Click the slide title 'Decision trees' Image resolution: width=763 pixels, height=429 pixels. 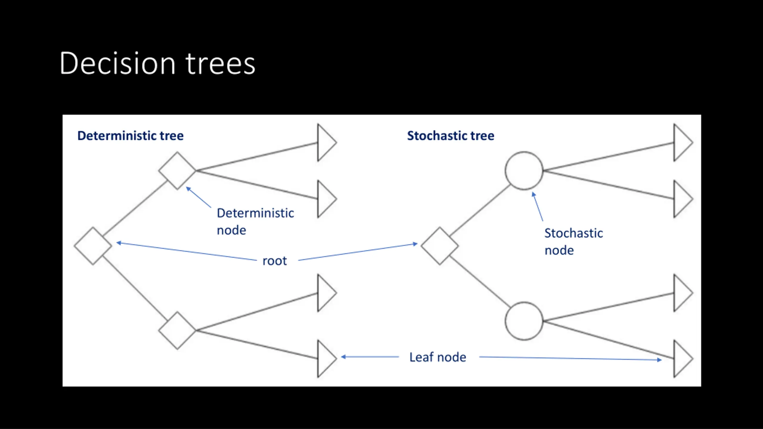(x=157, y=63)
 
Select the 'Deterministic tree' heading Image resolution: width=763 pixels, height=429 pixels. (x=131, y=136)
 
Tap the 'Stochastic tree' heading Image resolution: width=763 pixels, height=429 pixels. (x=451, y=136)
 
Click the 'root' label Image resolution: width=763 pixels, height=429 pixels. (x=275, y=261)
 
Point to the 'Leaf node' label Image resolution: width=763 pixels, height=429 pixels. (x=438, y=357)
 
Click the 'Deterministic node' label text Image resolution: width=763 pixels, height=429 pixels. (x=255, y=222)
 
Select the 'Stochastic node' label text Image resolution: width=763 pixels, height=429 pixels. (x=574, y=242)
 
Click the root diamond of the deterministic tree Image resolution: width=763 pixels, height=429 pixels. (x=93, y=246)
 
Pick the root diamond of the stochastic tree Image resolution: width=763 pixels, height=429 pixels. (x=440, y=246)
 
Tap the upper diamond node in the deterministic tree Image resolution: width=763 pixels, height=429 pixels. (x=177, y=171)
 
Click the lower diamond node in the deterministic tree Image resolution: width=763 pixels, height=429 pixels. (x=177, y=330)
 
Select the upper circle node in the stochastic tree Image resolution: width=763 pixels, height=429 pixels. (x=524, y=171)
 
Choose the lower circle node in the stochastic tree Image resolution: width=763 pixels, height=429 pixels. (x=524, y=321)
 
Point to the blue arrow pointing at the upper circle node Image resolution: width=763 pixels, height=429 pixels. (x=538, y=206)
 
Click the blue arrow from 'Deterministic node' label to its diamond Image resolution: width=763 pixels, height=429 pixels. (x=198, y=197)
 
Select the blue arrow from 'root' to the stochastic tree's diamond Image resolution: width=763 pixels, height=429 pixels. (x=358, y=252)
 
